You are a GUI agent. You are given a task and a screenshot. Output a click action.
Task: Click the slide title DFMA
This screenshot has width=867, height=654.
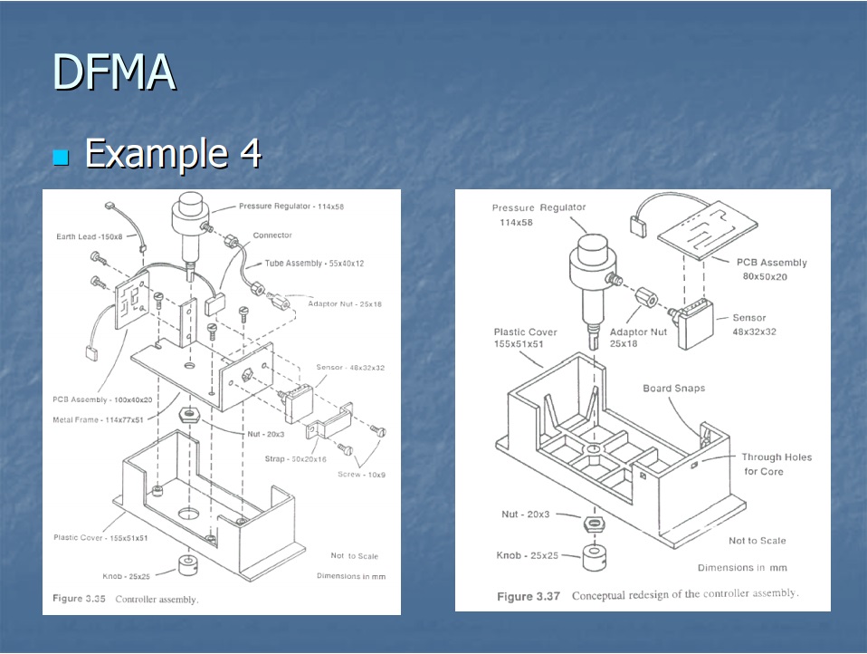tap(113, 72)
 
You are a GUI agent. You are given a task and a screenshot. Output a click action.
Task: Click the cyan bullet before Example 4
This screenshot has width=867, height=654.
tap(62, 157)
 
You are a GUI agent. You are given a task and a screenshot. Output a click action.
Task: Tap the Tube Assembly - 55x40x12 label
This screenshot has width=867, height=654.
tap(309, 264)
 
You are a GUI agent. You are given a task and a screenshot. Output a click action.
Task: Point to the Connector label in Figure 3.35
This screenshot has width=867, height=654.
tap(272, 236)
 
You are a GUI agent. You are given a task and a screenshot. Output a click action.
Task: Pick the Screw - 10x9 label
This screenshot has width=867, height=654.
tap(361, 475)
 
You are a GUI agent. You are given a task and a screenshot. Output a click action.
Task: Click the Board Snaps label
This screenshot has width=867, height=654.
tap(673, 389)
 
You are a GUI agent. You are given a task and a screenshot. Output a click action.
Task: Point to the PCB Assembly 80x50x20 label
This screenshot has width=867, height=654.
tap(771, 269)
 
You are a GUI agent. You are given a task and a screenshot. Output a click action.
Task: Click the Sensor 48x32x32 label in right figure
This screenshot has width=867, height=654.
tap(754, 324)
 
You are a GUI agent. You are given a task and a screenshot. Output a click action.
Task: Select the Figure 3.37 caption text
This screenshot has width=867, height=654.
tap(647, 595)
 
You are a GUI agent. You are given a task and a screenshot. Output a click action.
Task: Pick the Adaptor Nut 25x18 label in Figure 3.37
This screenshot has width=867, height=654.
tap(638, 338)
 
